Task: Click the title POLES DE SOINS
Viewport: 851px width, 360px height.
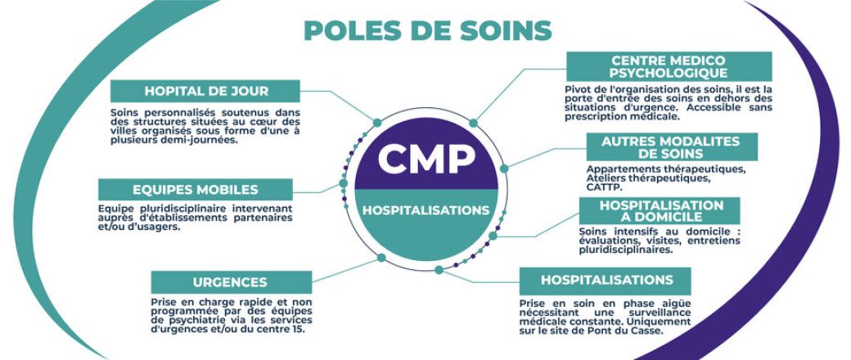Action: pos(428,30)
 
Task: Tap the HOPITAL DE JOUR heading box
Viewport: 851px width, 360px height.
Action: pos(205,91)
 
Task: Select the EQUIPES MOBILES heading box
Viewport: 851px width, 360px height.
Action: pos(196,190)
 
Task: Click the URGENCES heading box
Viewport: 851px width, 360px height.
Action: pos(232,282)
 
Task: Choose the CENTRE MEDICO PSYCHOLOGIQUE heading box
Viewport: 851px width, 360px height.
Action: pos(669,66)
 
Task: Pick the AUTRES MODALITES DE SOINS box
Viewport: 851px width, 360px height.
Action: pos(672,147)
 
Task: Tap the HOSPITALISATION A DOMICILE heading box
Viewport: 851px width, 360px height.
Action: pos(660,210)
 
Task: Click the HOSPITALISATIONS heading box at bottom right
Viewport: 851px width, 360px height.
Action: pos(606,281)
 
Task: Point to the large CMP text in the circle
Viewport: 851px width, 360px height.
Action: pos(426,158)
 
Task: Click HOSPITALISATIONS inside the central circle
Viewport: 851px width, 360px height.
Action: pos(426,210)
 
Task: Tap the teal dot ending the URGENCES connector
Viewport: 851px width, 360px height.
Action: pos(381,258)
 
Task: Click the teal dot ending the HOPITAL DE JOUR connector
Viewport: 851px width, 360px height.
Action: pos(377,123)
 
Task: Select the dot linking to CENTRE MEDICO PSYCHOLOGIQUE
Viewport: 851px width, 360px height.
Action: pos(473,123)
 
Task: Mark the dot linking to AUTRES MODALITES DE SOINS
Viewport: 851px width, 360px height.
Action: pos(504,169)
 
